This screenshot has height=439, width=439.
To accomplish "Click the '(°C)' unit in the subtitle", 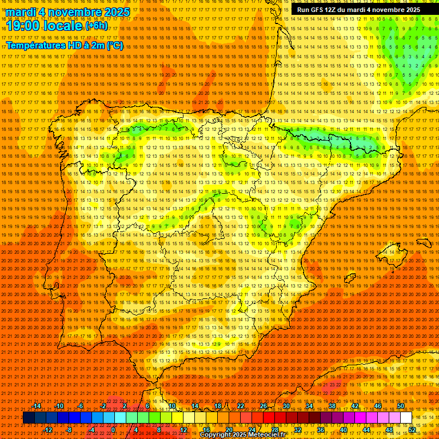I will pos(114,45).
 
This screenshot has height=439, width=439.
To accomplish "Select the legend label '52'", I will pos(412,430).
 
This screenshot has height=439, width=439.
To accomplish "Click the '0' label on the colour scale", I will pos(114,430).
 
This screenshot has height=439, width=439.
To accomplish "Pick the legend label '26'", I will pos(263,406).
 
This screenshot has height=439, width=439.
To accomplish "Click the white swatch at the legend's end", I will pos(406,418).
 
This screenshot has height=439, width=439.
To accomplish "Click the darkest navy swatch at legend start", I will pos(29,418).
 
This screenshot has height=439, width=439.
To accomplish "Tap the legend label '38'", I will pos(332,406).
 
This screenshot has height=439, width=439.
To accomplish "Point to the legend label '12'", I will pos(183,430).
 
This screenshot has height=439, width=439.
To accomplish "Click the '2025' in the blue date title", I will pos(114,12).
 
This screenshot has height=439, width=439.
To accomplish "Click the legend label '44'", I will pos(366,430).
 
